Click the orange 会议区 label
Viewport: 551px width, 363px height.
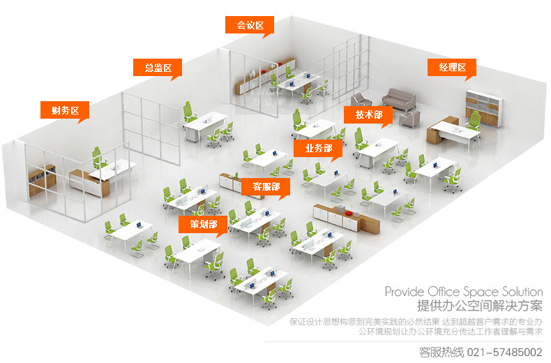point(249,25)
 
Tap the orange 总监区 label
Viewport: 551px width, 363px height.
point(158,68)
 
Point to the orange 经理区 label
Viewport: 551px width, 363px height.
point(452,67)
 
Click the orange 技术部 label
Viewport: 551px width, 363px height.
point(368,114)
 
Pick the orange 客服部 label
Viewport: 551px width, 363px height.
point(266,187)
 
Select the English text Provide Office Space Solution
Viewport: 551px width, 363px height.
point(463,291)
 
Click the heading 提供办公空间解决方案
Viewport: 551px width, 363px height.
point(479,306)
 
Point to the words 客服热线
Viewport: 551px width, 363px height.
point(441,351)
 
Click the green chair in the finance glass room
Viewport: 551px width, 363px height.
point(98,156)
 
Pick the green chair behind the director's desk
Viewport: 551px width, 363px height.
point(188,110)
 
